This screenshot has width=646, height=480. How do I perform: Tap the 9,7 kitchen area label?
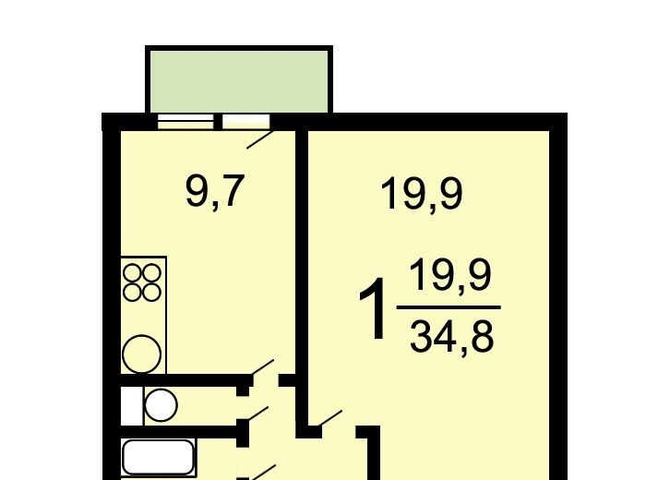tap(215, 192)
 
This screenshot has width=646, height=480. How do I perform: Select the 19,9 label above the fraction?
tap(421, 194)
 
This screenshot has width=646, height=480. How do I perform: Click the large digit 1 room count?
tap(374, 308)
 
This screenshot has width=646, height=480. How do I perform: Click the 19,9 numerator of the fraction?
tap(450, 275)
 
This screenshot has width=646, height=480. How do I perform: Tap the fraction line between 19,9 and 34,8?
tap(449, 307)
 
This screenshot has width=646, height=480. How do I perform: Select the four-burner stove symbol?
tap(142, 282)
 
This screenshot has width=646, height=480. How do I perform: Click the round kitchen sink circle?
tap(142, 354)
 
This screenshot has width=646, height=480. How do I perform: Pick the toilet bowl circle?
tap(161, 405)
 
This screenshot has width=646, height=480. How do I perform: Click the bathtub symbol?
tap(158, 457)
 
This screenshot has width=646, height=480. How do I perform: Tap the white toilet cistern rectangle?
tap(131, 406)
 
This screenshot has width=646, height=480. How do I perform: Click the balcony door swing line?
tap(260, 139)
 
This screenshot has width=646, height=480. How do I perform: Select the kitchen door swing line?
tap(262, 367)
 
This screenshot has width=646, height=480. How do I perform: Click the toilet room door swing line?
tap(257, 414)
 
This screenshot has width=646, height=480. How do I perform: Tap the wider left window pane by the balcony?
tap(185, 122)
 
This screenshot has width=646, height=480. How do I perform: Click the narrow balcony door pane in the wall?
tap(246, 122)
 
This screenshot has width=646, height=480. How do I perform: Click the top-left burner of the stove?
tap(133, 272)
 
